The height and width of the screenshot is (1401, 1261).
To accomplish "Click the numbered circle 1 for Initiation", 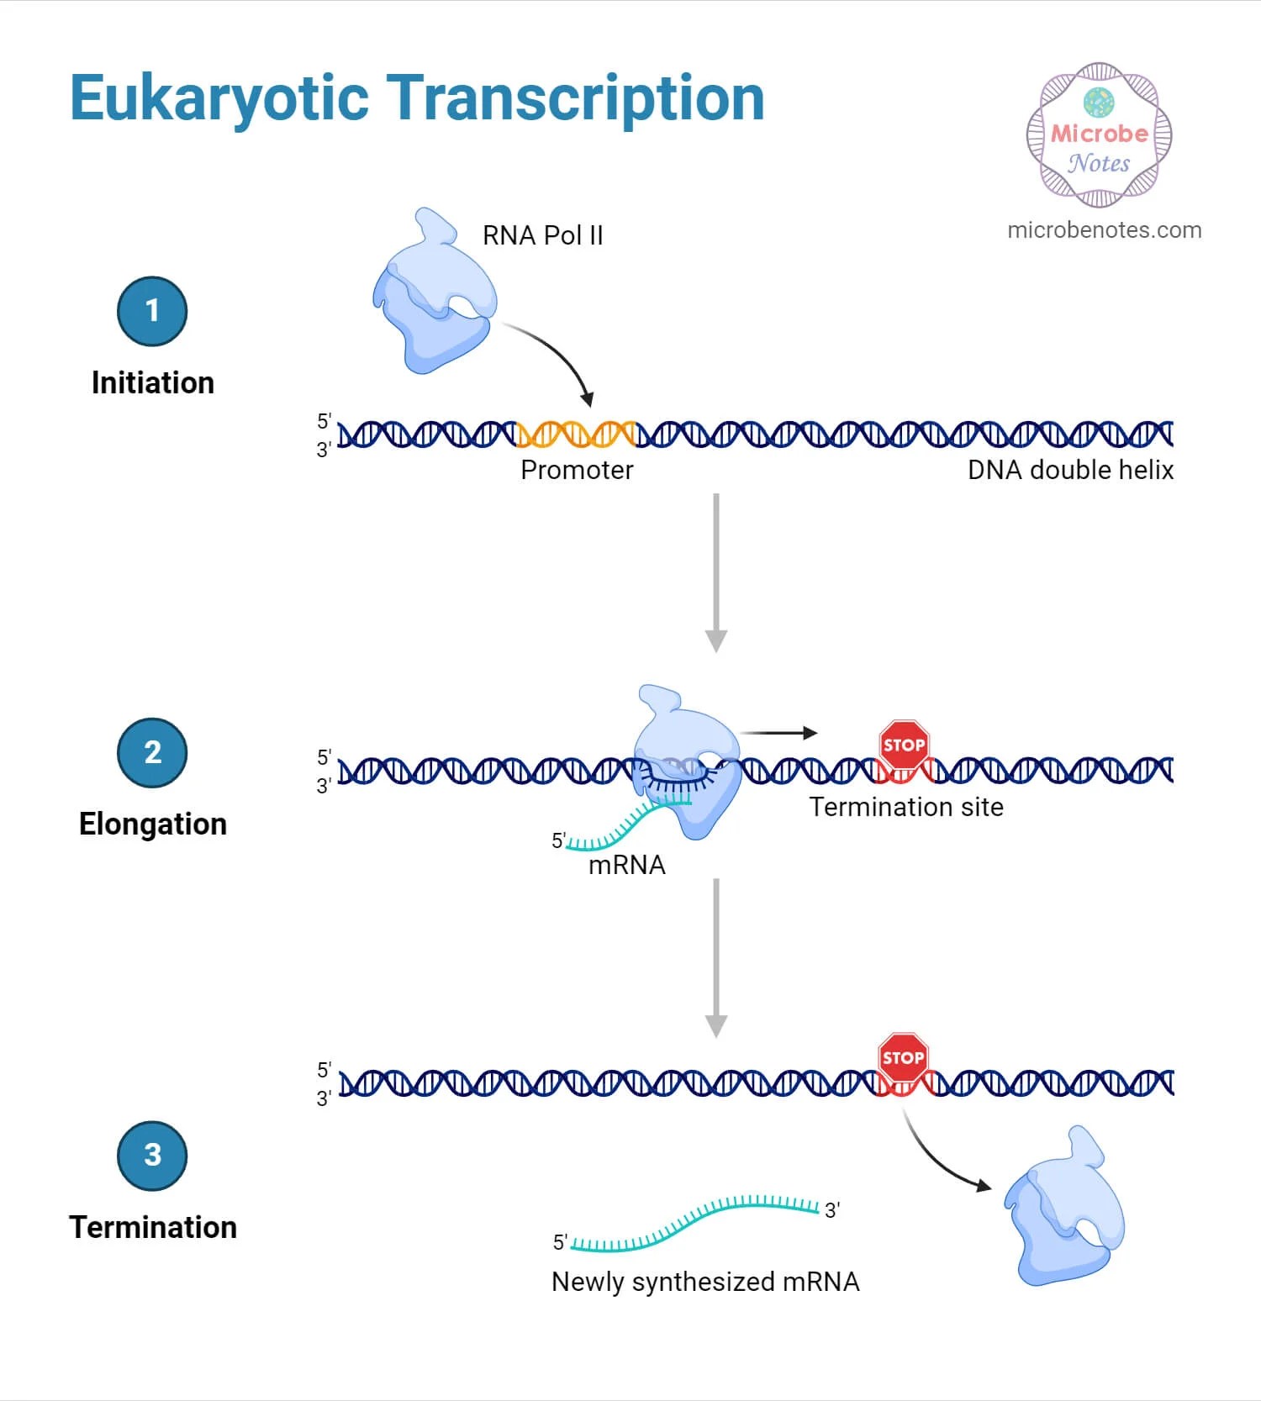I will click(152, 311).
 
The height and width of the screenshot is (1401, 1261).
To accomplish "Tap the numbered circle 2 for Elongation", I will click(152, 752).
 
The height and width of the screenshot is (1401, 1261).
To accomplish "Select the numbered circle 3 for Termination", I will click(152, 1155).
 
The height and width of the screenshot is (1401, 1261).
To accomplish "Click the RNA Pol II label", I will click(542, 235).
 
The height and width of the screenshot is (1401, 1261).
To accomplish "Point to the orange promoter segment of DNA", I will click(577, 434).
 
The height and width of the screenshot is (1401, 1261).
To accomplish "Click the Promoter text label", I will click(577, 470).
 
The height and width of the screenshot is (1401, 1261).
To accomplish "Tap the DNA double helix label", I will click(1070, 470).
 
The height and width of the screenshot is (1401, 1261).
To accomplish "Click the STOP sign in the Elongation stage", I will click(904, 745).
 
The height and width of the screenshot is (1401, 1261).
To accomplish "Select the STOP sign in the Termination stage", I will click(903, 1057).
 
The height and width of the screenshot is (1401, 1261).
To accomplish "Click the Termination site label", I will click(906, 807).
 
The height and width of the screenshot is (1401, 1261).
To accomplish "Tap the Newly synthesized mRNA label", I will click(705, 1282).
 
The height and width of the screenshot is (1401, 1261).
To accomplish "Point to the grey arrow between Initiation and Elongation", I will click(715, 571).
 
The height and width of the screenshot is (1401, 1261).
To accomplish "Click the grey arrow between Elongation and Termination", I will click(715, 958).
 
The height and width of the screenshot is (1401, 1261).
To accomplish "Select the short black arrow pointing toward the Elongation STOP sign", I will click(779, 733).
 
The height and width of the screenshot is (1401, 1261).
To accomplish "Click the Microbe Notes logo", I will click(1099, 135).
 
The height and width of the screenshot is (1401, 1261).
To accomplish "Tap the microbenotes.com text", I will click(1104, 230).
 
